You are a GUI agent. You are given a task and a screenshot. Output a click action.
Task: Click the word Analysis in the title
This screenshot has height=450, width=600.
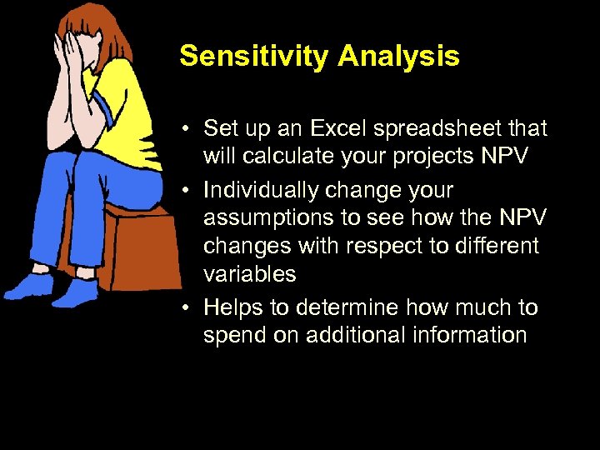tap(398, 56)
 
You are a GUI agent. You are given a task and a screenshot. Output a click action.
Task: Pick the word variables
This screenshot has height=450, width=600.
tap(249, 274)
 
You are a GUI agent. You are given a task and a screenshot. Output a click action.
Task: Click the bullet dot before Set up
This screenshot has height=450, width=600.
tap(190, 130)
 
